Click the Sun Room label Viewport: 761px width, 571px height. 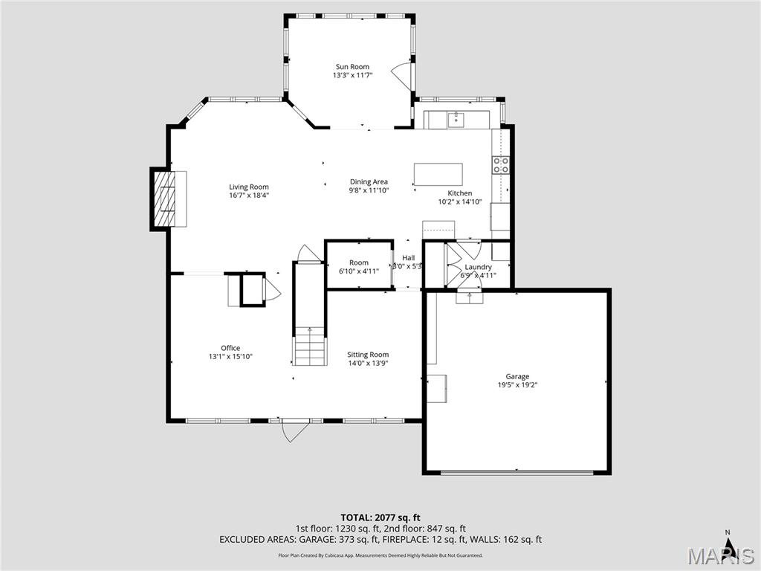coord(352,67)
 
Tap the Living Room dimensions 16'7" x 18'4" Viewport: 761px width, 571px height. coord(248,196)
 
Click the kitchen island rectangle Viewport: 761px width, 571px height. coord(438,174)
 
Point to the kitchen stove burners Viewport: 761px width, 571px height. coord(500,164)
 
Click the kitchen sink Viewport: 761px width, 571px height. coord(456,119)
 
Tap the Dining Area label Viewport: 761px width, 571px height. coord(369,181)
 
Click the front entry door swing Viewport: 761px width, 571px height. coord(293,431)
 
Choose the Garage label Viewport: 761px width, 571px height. coord(517,376)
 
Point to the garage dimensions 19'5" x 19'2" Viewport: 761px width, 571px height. coord(517,385)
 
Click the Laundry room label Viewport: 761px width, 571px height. coord(478,267)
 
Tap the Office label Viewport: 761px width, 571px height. coord(230,348)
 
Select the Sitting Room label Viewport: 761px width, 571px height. coord(369,355)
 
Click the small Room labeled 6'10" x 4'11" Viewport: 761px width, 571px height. coord(359,266)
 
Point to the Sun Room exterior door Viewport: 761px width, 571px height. coord(401,75)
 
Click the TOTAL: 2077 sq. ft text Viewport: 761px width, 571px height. coord(380,517)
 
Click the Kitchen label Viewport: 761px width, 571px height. coord(459,193)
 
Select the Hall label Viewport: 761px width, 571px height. coord(408,258)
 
